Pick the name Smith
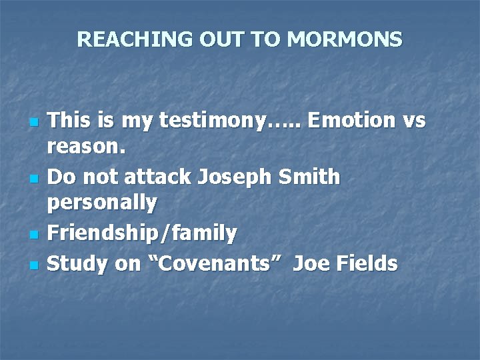click(x=309, y=177)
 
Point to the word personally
click(x=103, y=203)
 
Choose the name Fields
click(x=367, y=264)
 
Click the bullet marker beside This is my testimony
click(x=34, y=123)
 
